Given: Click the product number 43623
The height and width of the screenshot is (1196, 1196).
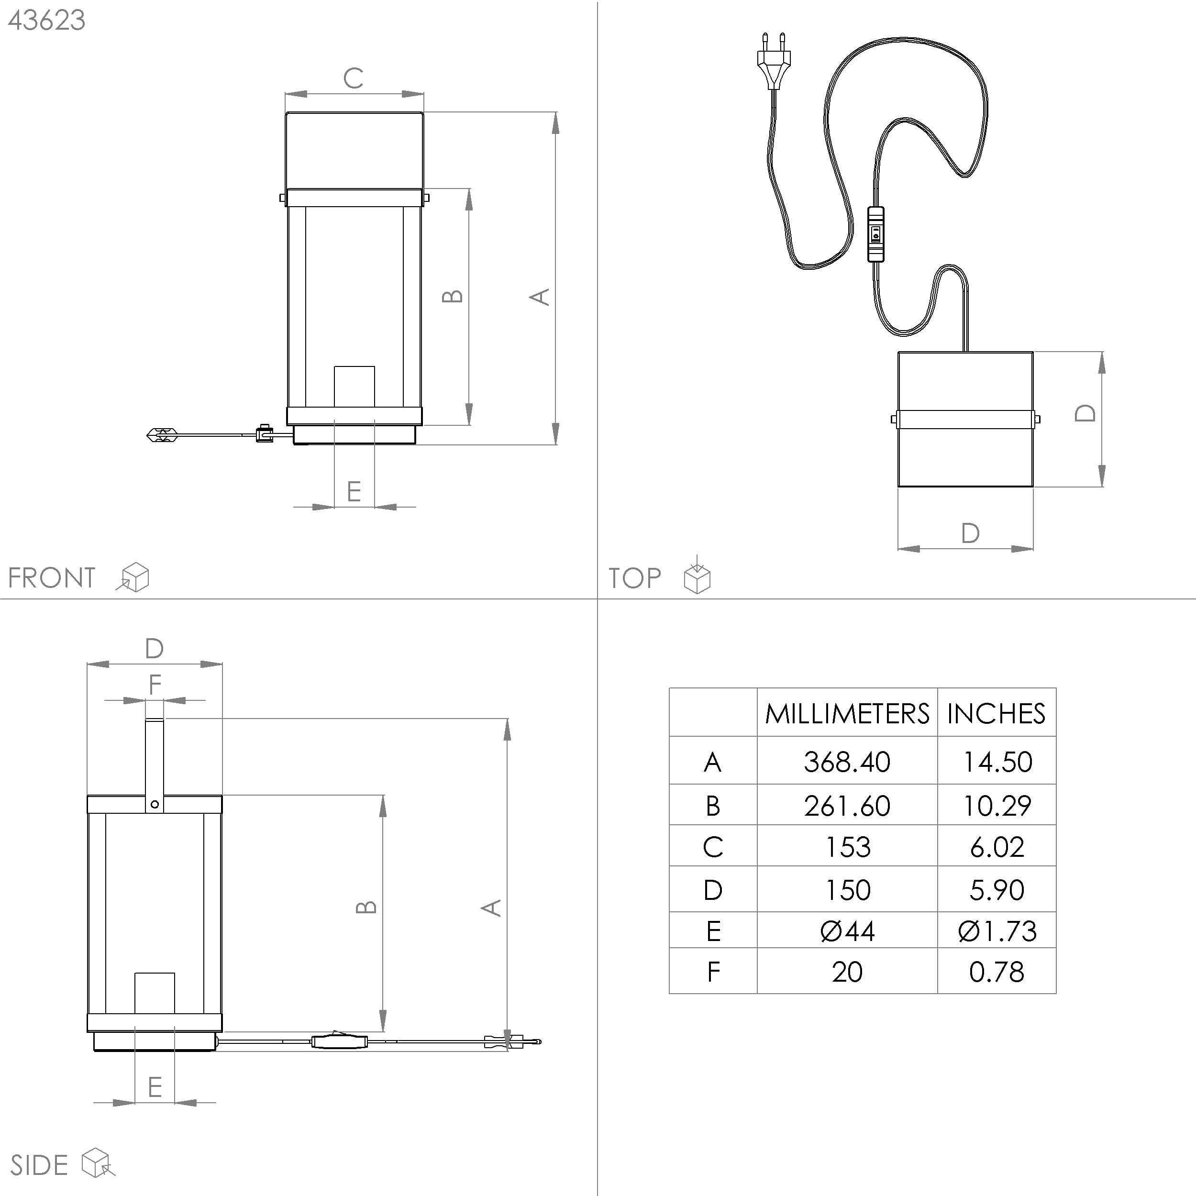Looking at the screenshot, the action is click(x=46, y=21).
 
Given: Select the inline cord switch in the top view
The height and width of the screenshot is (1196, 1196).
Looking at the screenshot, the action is click(x=876, y=234).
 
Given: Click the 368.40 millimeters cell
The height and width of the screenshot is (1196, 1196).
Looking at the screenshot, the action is click(x=847, y=762).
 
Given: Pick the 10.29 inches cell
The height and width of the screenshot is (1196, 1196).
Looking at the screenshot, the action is click(x=997, y=805).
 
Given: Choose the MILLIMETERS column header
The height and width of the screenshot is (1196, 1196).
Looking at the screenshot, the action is click(x=847, y=714).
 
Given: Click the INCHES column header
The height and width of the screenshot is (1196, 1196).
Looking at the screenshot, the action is click(x=996, y=714).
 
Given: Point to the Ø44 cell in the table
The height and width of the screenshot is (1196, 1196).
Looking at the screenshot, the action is click(x=847, y=931).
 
